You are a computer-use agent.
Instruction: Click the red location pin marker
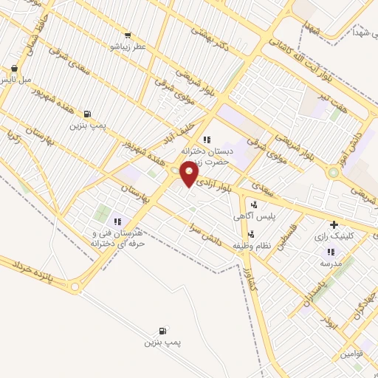190,174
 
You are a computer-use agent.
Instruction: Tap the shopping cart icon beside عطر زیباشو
128,35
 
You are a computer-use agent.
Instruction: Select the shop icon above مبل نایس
14,68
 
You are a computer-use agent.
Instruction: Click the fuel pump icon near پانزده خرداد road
162,331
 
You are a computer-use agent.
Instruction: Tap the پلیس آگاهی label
255,216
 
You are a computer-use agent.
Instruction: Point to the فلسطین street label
285,238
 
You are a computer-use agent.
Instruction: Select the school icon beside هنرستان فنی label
117,221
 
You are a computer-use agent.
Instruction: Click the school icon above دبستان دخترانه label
207,139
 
